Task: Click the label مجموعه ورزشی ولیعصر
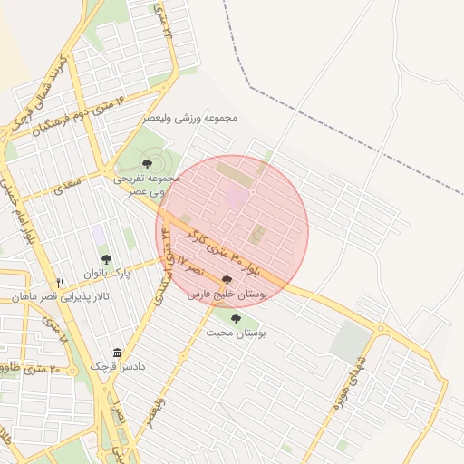(x=190, y=118)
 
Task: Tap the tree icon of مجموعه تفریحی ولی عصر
(x=147, y=164)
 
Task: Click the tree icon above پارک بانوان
(x=106, y=259)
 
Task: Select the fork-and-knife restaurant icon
(x=61, y=282)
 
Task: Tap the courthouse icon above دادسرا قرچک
(x=117, y=353)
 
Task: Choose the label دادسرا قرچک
(x=118, y=366)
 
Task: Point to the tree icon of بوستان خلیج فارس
(x=226, y=280)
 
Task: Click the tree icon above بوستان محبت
(x=237, y=319)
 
